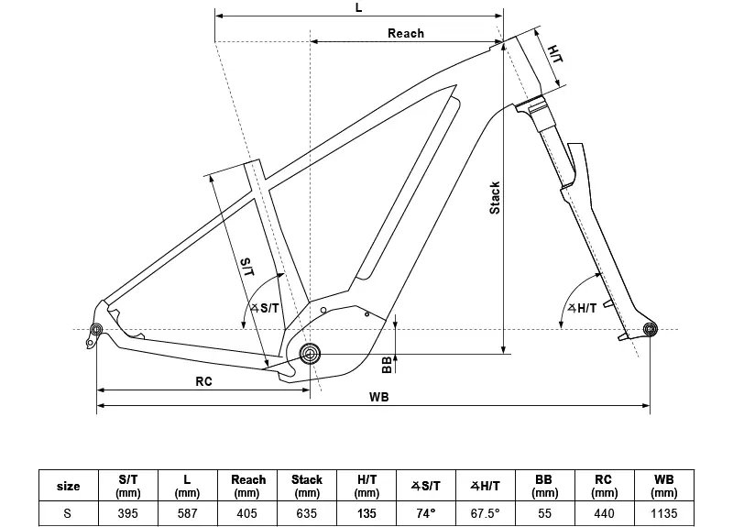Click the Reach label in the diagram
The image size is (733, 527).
[406, 33]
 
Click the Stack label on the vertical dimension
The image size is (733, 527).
[495, 197]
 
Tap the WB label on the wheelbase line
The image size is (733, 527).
[378, 397]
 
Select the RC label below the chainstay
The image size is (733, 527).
[203, 381]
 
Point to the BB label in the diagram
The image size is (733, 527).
[388, 365]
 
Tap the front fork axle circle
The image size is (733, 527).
[651, 329]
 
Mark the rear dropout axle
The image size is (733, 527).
[96, 330]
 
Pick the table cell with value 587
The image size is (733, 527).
[188, 513]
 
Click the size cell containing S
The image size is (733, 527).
[68, 513]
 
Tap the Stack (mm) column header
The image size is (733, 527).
[307, 485]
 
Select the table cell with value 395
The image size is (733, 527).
[129, 513]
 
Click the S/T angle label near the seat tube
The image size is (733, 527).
[265, 309]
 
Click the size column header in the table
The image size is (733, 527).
[68, 486]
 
